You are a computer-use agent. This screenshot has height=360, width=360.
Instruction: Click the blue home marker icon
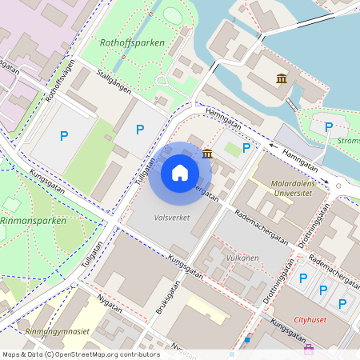180,173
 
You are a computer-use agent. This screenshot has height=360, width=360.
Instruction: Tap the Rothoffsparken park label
132,42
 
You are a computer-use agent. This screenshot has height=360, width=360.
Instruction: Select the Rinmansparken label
33,220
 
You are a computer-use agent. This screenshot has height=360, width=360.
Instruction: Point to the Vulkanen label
242,258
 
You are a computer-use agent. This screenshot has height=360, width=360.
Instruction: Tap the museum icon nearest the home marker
207,153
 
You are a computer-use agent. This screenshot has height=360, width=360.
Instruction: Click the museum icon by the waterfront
282,78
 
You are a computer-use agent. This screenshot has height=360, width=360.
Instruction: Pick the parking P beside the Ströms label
327,126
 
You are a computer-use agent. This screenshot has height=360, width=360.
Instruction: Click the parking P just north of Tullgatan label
140,129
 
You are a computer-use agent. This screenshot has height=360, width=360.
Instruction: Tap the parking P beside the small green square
246,148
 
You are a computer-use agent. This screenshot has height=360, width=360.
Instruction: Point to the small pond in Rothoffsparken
173,15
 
